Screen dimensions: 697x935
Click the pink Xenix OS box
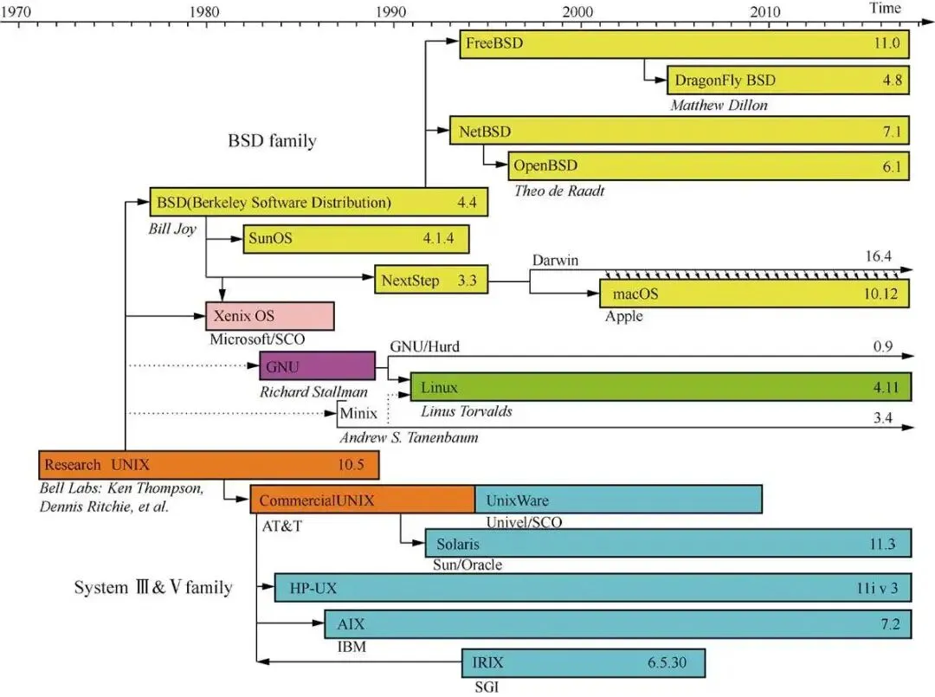point(269,316)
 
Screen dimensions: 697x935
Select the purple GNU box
point(317,366)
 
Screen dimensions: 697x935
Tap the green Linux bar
point(661,387)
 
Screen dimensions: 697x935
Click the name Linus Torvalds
point(466,410)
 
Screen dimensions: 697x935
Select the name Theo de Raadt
point(559,190)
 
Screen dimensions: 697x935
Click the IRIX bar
point(583,663)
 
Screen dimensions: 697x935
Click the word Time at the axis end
point(885,8)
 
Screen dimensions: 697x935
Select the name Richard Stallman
point(313,392)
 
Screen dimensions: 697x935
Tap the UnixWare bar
point(618,500)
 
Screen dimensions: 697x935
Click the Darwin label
point(556,260)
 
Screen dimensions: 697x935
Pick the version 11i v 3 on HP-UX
point(878,590)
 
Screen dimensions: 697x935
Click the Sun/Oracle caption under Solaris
point(467,565)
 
